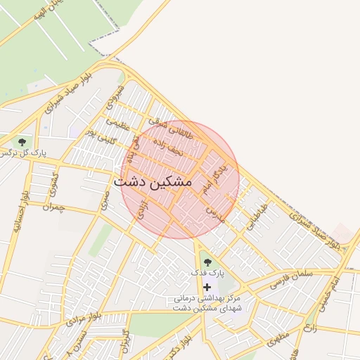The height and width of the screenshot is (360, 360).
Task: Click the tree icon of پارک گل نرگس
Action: point(22,142)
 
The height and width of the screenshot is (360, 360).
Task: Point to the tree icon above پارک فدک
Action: point(207,262)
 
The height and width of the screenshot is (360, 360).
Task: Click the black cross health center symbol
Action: point(207,287)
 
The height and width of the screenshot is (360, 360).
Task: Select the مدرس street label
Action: point(215,214)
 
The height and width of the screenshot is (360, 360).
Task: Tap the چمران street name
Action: point(53,207)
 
